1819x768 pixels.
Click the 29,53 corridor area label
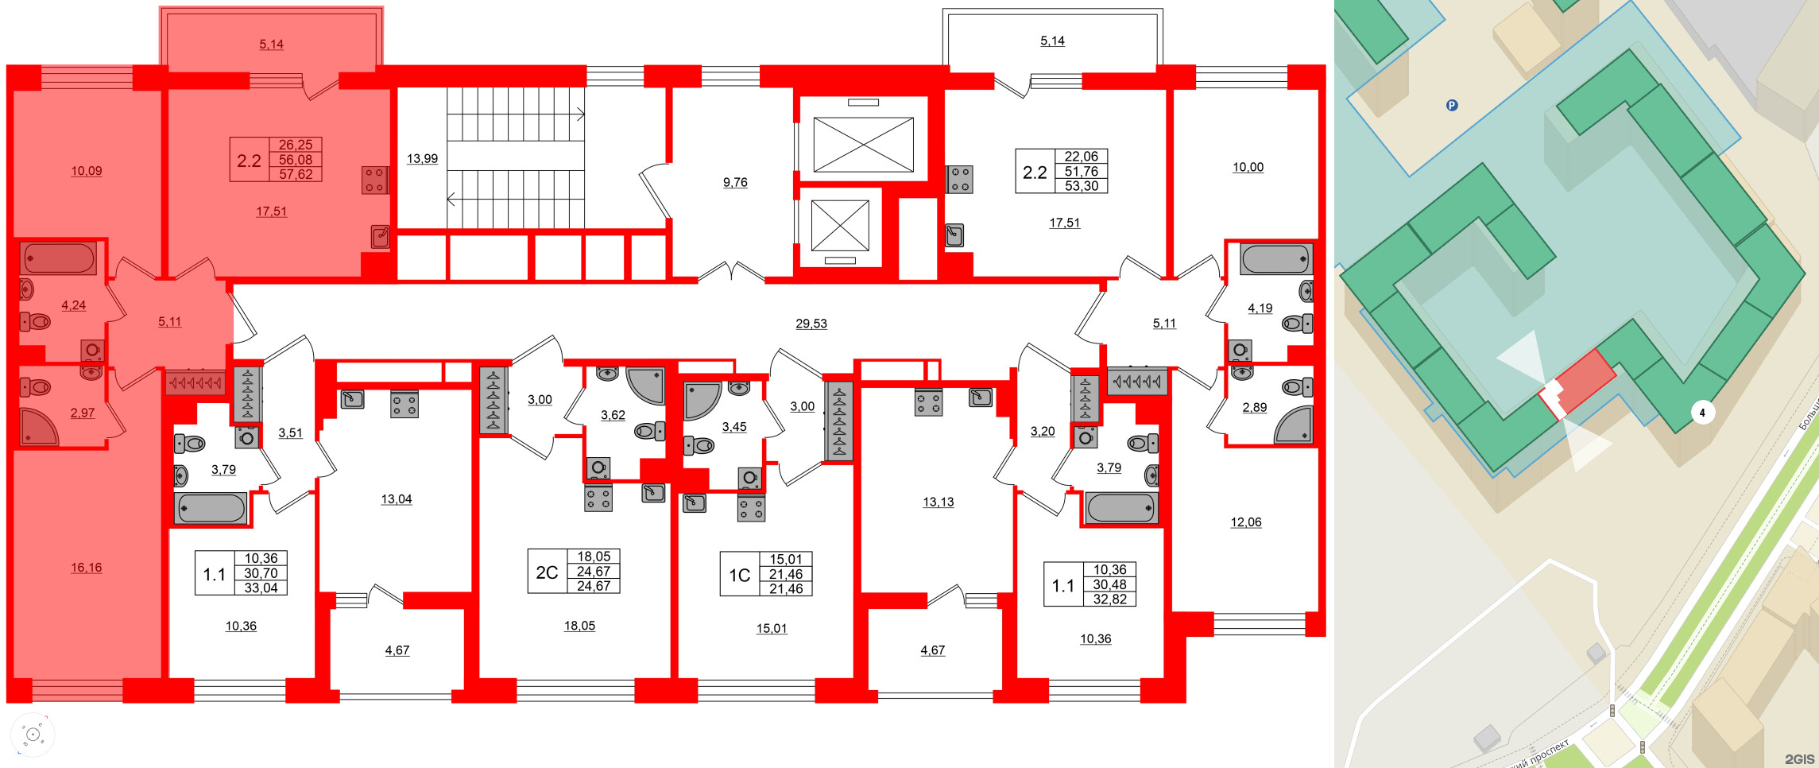coord(811,324)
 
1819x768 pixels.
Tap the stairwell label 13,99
coord(422,158)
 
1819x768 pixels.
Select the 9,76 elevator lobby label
coord(734,182)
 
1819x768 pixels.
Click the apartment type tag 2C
coord(547,572)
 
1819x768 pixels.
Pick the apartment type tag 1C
coord(739,575)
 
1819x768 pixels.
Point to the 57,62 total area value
coord(295,174)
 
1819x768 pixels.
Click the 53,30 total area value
coord(1081,186)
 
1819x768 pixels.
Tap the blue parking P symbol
coord(1451,105)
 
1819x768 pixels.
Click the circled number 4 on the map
coord(1701,413)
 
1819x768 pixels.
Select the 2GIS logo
coord(1799,759)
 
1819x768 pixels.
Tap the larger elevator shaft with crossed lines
coord(863,145)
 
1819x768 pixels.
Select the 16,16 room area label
coord(86,568)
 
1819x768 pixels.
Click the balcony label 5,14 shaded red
coord(271,45)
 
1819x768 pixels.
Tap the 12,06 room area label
coord(1245,522)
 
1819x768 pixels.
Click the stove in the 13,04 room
coord(404,405)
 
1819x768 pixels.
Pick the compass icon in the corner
coord(33,734)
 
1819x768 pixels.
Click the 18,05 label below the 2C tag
coord(579,626)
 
